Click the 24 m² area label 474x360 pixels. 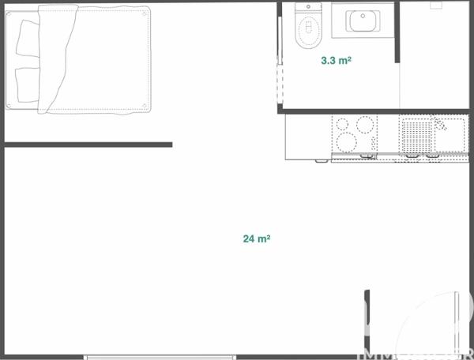click(x=258, y=238)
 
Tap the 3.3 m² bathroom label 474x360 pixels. click(x=336, y=59)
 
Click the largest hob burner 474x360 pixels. click(x=347, y=142)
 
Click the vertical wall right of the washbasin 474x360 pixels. click(x=397, y=32)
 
